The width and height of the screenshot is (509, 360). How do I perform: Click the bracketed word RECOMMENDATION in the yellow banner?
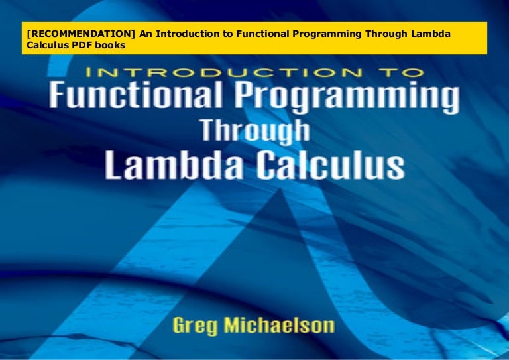(x=75, y=34)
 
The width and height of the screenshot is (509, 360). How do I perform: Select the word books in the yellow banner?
(x=109, y=45)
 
